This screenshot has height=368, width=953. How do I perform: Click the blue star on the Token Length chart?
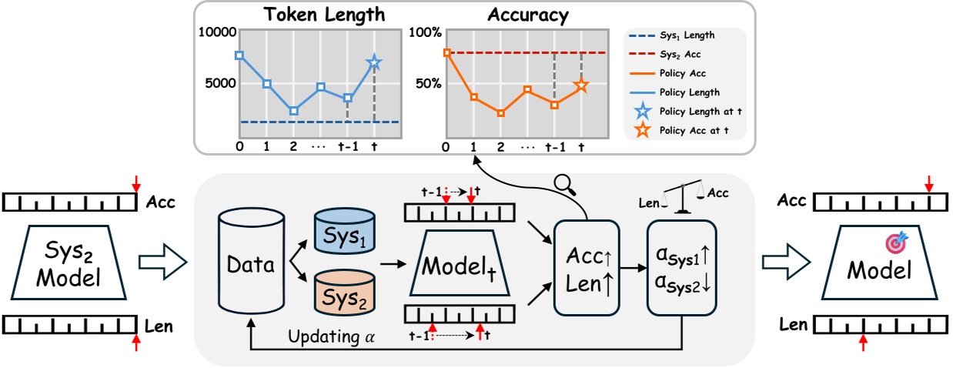(374, 62)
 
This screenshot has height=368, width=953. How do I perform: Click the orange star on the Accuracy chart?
(581, 85)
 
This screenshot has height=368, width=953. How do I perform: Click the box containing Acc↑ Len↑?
(587, 269)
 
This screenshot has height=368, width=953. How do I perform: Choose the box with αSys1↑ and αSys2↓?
(682, 269)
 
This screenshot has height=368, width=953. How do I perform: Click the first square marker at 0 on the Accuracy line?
(447, 52)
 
